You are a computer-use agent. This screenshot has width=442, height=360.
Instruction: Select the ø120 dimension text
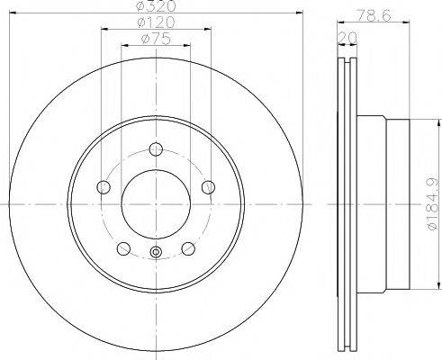pyautogui.click(x=155, y=23)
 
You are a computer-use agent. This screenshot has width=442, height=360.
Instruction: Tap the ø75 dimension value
pyautogui.click(x=155, y=39)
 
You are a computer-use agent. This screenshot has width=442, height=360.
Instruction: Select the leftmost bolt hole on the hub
pyautogui.click(x=103, y=187)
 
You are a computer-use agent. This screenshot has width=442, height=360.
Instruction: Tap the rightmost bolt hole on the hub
pyautogui.click(x=209, y=187)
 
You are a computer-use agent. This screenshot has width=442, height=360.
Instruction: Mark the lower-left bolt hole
pyautogui.click(x=123, y=249)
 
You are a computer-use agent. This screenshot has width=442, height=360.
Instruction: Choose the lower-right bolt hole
pyautogui.click(x=188, y=249)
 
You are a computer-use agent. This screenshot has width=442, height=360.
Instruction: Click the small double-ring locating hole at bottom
pyautogui.click(x=156, y=253)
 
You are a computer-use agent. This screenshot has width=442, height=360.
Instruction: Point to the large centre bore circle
pyautogui.click(x=156, y=205)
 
